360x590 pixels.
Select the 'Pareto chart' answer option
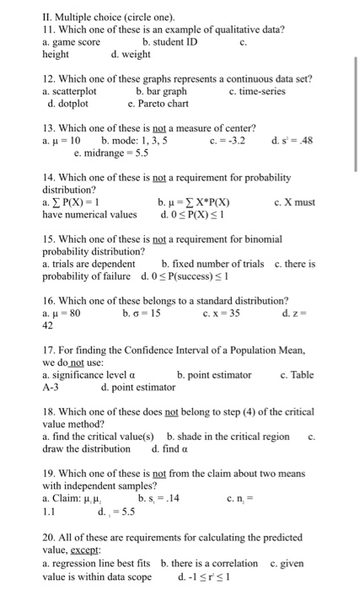click(159, 104)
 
